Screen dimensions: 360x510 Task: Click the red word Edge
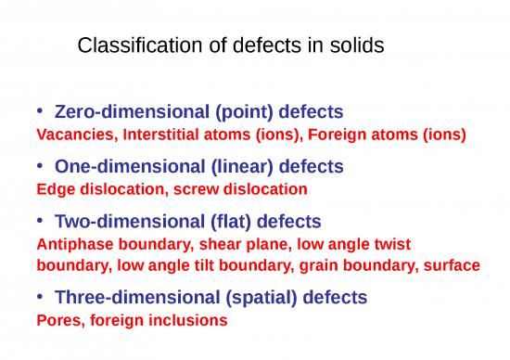(53, 188)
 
